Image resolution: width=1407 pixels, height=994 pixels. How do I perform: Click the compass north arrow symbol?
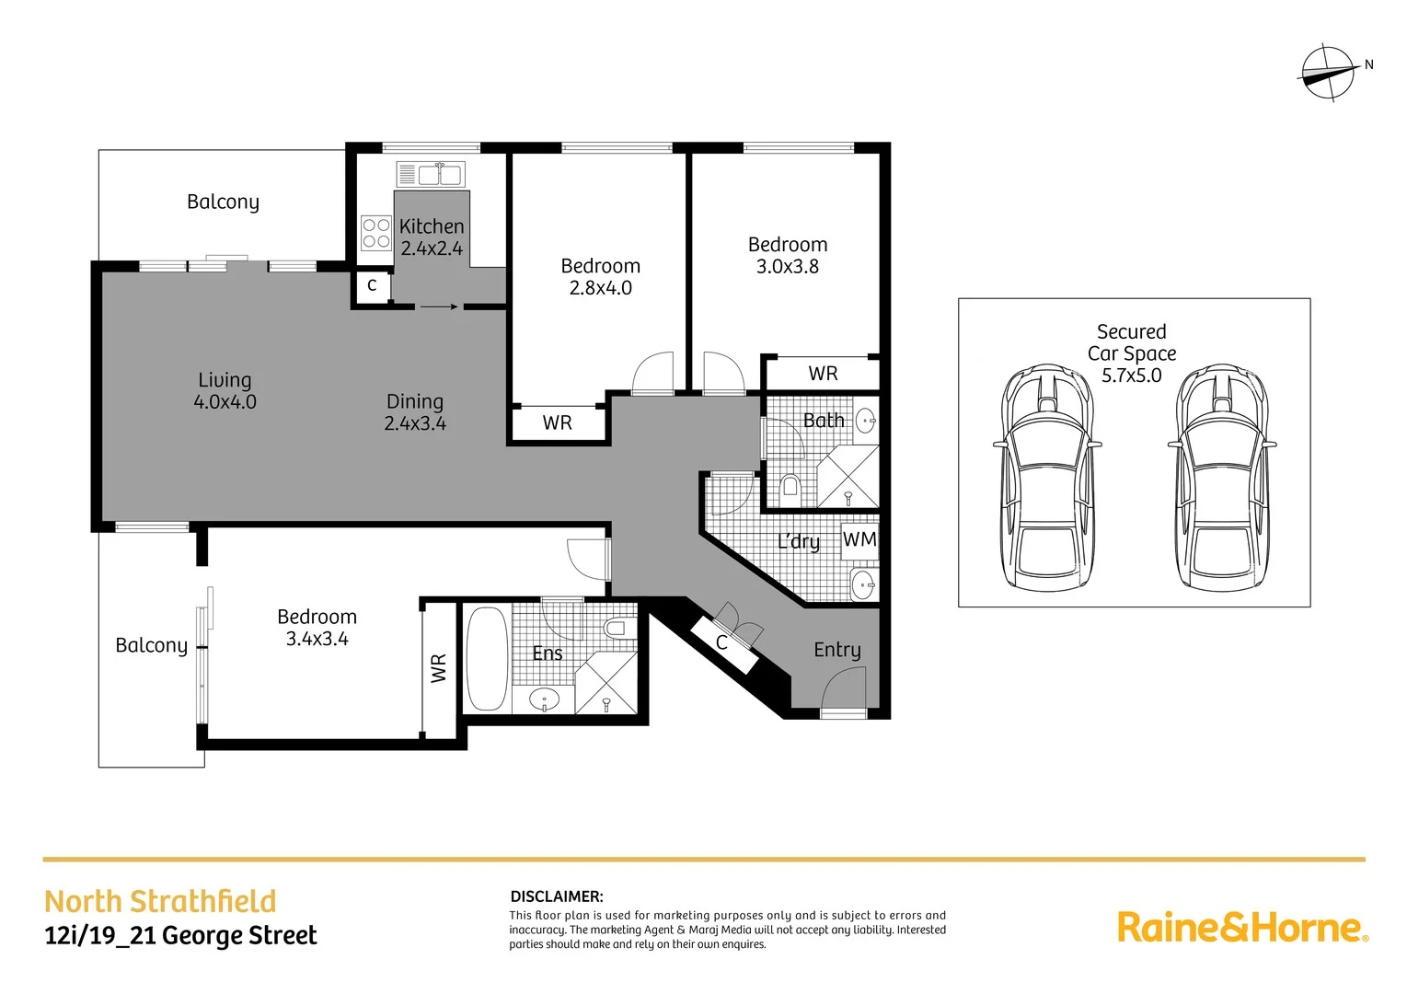coord(1329,72)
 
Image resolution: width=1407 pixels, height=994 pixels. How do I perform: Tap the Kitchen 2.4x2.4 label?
coord(432,237)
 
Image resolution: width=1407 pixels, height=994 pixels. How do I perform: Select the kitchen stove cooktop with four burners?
coord(375,233)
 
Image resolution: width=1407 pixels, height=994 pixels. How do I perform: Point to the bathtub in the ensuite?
coord(487,658)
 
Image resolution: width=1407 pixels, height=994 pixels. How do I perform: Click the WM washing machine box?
coord(860,539)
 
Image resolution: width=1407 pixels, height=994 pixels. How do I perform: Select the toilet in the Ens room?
coord(616,629)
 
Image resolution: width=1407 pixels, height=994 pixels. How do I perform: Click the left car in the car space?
coord(1047,477)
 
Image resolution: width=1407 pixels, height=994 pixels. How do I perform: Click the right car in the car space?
coord(1222,477)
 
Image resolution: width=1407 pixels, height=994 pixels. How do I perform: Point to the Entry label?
coord(837,650)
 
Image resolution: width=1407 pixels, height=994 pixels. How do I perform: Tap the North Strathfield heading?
coord(160,901)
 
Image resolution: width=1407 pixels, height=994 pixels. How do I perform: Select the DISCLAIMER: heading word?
coord(557,896)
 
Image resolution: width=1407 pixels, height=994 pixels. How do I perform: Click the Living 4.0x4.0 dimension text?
coord(225,402)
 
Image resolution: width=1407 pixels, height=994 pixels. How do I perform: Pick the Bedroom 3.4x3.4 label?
coord(317,628)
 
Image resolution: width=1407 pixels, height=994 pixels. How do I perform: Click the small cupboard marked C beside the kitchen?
coord(372,286)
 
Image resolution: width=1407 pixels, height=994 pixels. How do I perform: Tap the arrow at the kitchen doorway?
coord(439,306)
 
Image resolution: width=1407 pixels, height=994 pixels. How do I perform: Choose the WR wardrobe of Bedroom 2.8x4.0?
coord(558,423)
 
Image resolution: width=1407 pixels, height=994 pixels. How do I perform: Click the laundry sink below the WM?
coord(863,584)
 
